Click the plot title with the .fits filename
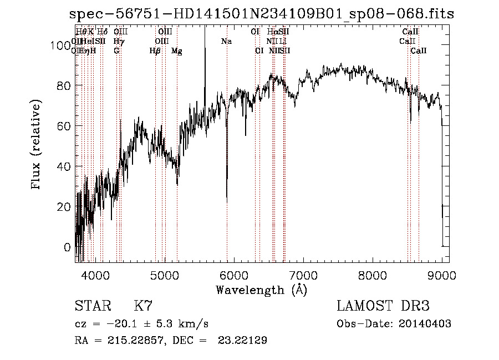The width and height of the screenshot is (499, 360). [x=261, y=14]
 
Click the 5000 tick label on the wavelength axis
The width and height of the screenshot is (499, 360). [x=165, y=275]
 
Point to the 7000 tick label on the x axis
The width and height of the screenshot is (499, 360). [x=303, y=275]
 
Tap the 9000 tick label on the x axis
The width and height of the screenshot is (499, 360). [x=441, y=275]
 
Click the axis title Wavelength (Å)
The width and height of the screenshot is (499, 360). [x=261, y=290]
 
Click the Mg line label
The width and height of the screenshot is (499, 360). [x=176, y=51]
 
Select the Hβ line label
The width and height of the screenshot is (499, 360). [x=155, y=51]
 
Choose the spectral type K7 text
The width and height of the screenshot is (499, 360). [x=142, y=306]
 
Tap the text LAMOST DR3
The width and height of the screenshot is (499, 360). [x=383, y=306]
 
